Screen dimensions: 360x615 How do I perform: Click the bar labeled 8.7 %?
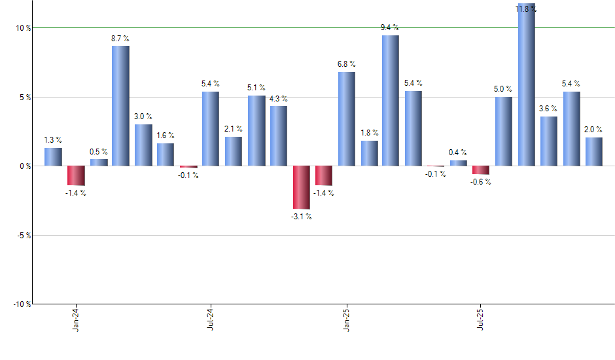120,105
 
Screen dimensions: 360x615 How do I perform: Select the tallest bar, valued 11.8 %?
527,85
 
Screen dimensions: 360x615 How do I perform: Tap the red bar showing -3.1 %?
301,187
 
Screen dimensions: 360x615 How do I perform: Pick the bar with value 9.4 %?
391,100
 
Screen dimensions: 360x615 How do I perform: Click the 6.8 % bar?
346,118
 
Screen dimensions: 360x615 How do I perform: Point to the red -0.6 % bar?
481,170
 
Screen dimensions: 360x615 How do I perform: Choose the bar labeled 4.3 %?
279,135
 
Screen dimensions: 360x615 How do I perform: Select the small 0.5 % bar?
99,162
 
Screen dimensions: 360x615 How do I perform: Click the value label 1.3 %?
53,140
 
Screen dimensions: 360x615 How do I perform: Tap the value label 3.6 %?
548,109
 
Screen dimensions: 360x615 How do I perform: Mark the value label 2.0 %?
593,130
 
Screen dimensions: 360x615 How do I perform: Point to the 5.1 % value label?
256,88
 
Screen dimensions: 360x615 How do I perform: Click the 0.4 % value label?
458,153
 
